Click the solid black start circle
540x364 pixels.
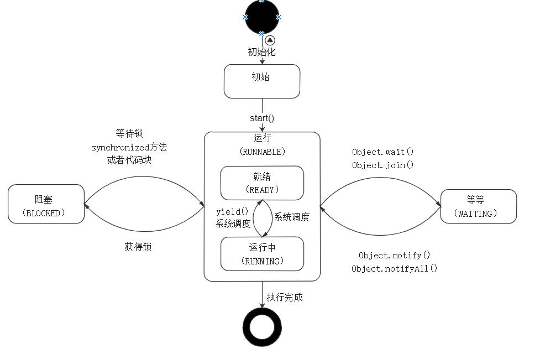point(262,17)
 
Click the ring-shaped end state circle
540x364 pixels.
point(262,327)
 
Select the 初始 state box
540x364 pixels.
point(262,81)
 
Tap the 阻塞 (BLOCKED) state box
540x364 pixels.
point(46,204)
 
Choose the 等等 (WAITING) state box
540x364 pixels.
point(478,206)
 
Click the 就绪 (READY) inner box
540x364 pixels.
point(262,183)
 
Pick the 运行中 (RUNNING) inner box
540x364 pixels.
point(262,254)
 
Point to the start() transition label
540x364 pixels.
point(262,118)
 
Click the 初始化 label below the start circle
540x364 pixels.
point(261,52)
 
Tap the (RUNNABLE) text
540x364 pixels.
point(262,151)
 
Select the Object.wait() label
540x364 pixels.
point(382,152)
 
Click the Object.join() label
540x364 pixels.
point(382,165)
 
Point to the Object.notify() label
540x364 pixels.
point(394,255)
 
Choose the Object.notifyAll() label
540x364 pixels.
point(394,268)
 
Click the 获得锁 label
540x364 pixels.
point(138,247)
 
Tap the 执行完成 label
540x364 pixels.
point(285,297)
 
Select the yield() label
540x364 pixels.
point(228,211)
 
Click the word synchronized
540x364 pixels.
point(120,147)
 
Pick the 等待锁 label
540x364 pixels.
point(129,133)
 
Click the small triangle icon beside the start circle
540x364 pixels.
point(270,40)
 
